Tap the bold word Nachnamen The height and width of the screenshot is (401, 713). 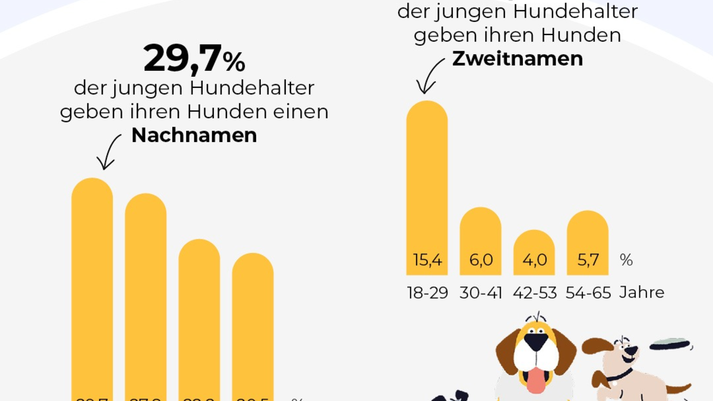coord(194,135)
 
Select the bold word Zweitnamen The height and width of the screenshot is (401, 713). coord(517,59)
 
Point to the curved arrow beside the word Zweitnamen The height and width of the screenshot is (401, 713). coord(431,76)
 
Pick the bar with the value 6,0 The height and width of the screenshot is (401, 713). coord(480,241)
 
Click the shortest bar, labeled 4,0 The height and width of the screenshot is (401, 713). coord(534,252)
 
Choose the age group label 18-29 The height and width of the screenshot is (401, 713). coord(427,293)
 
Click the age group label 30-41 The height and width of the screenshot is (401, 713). coord(480,293)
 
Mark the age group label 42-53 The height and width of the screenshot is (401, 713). coord(534,293)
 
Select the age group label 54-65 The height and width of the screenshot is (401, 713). coord(588,293)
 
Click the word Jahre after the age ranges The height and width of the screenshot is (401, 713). coord(642,293)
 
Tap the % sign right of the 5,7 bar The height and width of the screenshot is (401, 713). coord(626,260)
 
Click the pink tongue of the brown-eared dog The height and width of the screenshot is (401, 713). coord(537,380)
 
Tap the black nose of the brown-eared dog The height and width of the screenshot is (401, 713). coord(537,342)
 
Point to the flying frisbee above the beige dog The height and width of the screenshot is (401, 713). coord(668,344)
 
